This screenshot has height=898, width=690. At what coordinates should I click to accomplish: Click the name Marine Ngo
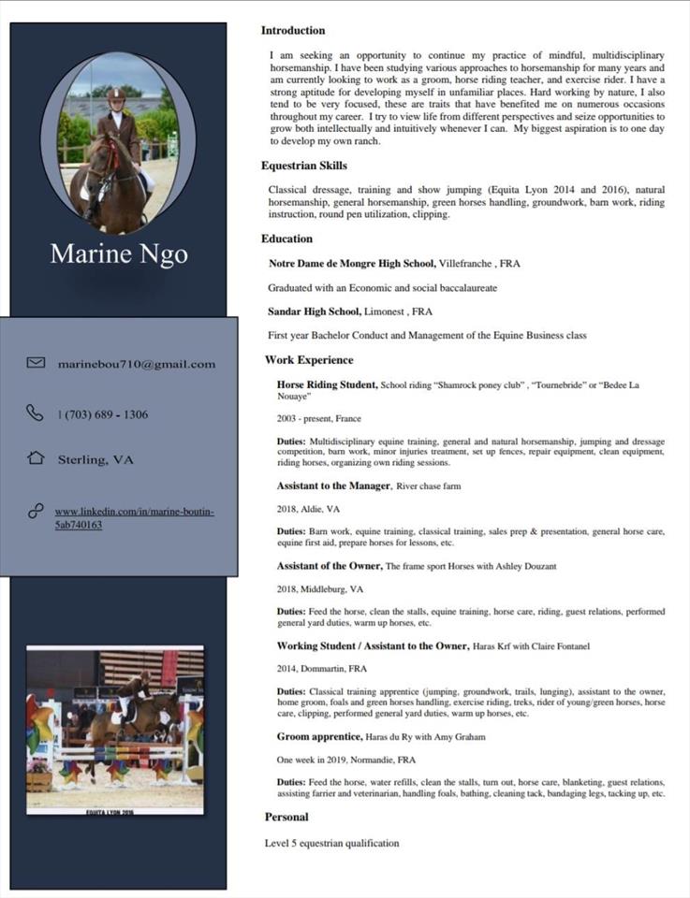click(x=119, y=253)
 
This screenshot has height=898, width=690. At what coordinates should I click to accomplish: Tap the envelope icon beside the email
click(x=36, y=363)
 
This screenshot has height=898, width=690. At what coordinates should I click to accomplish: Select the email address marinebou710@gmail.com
click(x=137, y=364)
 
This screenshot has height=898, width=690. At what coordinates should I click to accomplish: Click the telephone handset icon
click(x=35, y=413)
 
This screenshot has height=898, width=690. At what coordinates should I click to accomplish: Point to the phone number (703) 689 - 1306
click(x=103, y=414)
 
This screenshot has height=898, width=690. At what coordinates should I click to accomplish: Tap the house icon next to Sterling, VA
click(x=36, y=458)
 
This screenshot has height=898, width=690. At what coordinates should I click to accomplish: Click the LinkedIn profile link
click(x=135, y=518)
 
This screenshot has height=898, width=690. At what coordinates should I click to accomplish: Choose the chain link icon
click(x=36, y=511)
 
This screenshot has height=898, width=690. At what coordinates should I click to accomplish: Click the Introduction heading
click(x=293, y=31)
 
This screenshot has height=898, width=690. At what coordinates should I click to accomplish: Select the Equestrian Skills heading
click(x=304, y=166)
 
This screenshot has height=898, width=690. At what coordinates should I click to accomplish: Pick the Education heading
click(x=287, y=239)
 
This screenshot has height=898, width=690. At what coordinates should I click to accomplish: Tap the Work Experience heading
click(x=309, y=360)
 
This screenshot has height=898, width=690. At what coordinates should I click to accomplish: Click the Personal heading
click(x=286, y=817)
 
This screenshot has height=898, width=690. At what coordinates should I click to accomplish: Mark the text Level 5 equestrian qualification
click(x=332, y=843)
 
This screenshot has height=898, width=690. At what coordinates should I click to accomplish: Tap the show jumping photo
click(x=115, y=730)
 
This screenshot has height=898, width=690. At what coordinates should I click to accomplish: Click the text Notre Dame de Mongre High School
click(x=352, y=264)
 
